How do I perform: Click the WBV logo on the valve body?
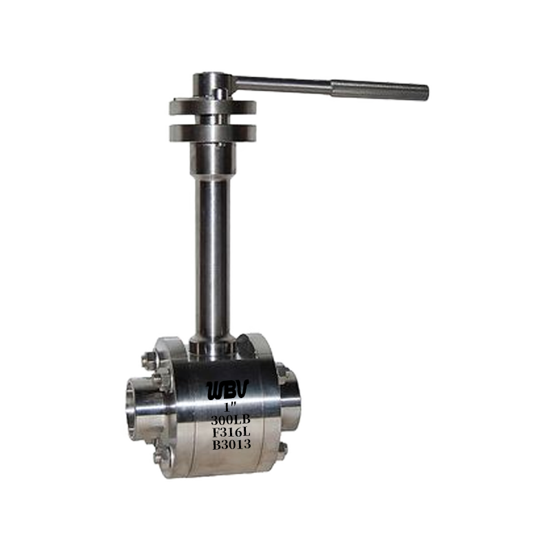(222, 389)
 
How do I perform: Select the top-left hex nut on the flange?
(148, 360)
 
